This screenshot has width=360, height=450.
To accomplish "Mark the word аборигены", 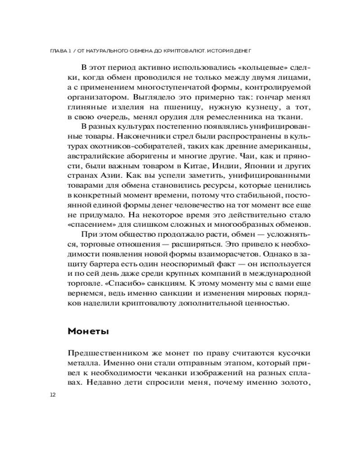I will [x=144, y=157].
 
